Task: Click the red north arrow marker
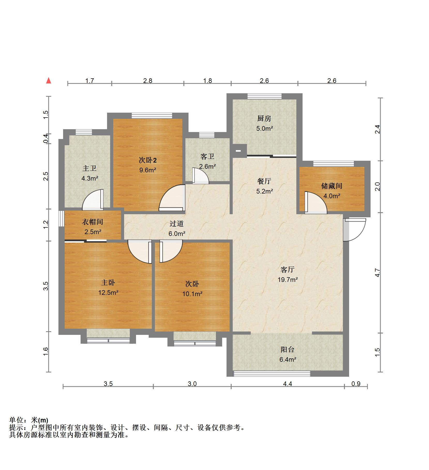49,81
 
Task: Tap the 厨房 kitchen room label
264,119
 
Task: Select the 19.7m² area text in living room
288,280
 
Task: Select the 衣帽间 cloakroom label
93,222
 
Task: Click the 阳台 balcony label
287,350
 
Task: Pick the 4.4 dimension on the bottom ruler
287,384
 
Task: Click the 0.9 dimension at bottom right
356,384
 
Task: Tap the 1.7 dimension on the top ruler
89,81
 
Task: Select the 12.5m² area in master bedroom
108,292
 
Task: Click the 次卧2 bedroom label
148,160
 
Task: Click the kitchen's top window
264,96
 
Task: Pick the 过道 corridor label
177,224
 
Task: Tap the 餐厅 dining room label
264,181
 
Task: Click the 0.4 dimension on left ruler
46,139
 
